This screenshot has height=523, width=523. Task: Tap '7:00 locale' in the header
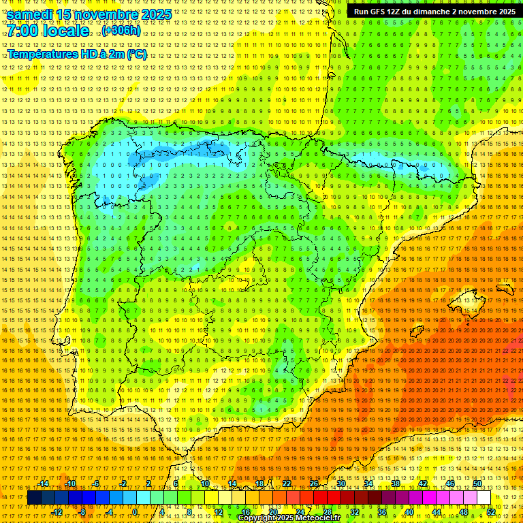[x=48, y=31]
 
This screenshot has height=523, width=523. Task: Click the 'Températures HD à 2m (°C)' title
[x=77, y=54]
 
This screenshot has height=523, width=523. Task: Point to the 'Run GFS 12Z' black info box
[x=434, y=12]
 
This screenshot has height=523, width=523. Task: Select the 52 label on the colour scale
[x=491, y=511]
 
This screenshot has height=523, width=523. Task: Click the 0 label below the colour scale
[x=135, y=511]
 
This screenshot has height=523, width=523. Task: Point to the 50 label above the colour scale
[x=477, y=484]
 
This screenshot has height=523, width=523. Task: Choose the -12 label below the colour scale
[x=57, y=511]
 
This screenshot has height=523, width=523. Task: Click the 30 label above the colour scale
[x=340, y=484]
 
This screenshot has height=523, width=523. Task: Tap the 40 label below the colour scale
[x=409, y=511]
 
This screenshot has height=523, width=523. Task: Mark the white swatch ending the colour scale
[x=484, y=498]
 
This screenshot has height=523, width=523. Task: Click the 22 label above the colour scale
[x=286, y=484]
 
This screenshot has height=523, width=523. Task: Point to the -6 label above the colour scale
[x=96, y=484]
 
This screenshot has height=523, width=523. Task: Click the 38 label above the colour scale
[x=395, y=484]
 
